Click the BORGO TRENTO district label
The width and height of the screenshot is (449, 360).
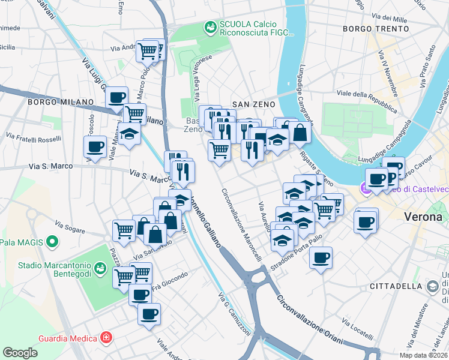tap(371, 29)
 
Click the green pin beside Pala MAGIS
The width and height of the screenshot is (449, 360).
tap(53, 242)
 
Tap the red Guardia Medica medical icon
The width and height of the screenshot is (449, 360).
tap(106, 338)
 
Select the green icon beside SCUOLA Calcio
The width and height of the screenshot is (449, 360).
tap(210, 27)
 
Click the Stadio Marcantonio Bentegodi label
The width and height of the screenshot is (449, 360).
tap(55, 269)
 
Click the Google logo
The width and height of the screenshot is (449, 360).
tap(20, 353)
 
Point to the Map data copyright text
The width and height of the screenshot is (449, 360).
tap(423, 355)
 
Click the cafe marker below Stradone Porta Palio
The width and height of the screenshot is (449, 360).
tap(321, 258)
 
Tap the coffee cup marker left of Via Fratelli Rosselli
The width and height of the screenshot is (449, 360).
tap(94, 147)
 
